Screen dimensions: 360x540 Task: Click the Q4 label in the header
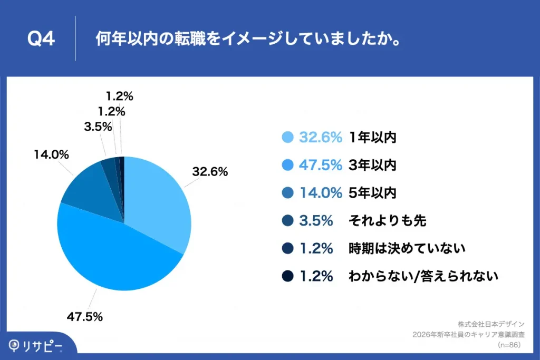pyautogui.click(x=41, y=40)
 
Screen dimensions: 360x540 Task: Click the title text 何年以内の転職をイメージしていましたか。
pyautogui.click(x=246, y=40)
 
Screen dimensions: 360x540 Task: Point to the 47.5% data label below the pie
pyautogui.click(x=84, y=317)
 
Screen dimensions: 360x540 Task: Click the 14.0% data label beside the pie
pyautogui.click(x=52, y=154)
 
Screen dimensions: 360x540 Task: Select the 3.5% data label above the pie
pyautogui.click(x=98, y=127)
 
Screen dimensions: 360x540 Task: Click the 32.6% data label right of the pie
pyautogui.click(x=210, y=171)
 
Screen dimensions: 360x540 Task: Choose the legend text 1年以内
pyautogui.click(x=372, y=138)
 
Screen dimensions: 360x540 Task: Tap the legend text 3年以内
pyautogui.click(x=372, y=165)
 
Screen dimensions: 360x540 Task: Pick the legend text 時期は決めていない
pyautogui.click(x=407, y=248)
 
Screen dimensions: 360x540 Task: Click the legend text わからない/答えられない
pyautogui.click(x=423, y=276)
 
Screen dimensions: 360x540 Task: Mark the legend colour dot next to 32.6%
pyautogui.click(x=287, y=138)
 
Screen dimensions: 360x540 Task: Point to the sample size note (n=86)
pyautogui.click(x=509, y=345)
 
